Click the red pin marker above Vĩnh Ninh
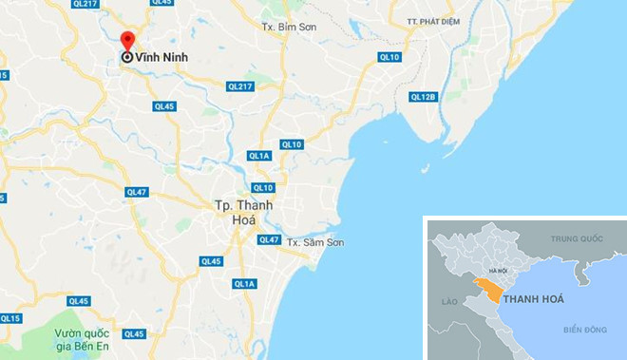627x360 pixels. pyautogui.click(x=127, y=41)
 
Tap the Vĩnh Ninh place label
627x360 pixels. pyautogui.click(x=161, y=57)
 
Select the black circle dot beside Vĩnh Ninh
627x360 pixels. pyautogui.click(x=126, y=57)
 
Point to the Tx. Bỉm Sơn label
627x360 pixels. pyautogui.click(x=288, y=26)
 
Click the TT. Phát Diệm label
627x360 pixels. pyautogui.click(x=438, y=20)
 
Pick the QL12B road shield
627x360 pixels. pyautogui.click(x=423, y=97)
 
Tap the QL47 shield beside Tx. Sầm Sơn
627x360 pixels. pyautogui.click(x=270, y=239)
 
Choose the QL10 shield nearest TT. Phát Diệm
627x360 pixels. pyautogui.click(x=389, y=57)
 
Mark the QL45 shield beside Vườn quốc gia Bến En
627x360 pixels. pyautogui.click(x=134, y=333)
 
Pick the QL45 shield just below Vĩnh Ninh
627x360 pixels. pyautogui.click(x=164, y=106)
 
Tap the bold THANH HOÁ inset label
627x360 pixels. pyautogui.click(x=534, y=299)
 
